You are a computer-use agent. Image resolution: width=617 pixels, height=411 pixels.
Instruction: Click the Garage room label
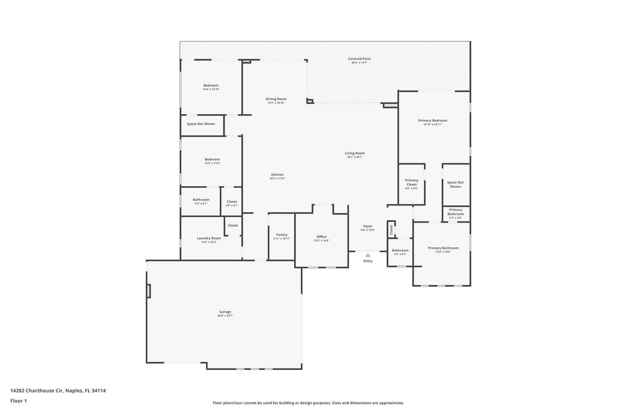(x=225, y=312)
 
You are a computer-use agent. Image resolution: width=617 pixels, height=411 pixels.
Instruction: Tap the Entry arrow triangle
(x=368, y=255)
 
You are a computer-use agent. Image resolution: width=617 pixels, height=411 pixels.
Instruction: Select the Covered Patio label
(x=359, y=59)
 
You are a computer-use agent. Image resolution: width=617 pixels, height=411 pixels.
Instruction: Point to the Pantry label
(x=282, y=235)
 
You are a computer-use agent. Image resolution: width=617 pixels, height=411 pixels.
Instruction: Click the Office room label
(x=322, y=236)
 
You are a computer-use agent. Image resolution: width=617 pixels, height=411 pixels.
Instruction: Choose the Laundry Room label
(x=209, y=238)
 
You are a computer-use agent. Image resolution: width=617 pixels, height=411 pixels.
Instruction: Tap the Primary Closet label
(x=411, y=182)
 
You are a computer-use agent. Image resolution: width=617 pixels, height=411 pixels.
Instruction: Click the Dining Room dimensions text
(x=276, y=103)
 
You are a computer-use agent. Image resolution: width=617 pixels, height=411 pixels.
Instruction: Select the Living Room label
(x=355, y=153)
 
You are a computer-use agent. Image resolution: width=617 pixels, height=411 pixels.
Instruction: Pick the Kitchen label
(x=277, y=175)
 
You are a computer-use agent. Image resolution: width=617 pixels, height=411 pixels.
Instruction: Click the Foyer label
(x=367, y=226)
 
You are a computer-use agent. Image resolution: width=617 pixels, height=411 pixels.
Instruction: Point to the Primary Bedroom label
(x=432, y=120)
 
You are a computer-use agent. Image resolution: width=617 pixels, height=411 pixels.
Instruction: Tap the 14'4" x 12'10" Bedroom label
(x=211, y=86)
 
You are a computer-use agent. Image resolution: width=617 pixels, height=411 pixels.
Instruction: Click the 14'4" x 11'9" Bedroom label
(x=212, y=159)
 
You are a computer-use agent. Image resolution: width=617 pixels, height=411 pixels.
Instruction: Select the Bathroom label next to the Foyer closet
(x=400, y=250)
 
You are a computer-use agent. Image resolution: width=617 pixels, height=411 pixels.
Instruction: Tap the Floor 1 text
(x=18, y=401)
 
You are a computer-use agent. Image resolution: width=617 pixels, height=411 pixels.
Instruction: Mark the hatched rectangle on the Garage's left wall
(x=149, y=291)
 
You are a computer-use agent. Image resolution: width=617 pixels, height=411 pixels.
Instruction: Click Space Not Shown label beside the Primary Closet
(x=455, y=184)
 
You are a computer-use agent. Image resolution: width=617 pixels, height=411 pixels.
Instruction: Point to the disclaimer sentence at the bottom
(x=308, y=403)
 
